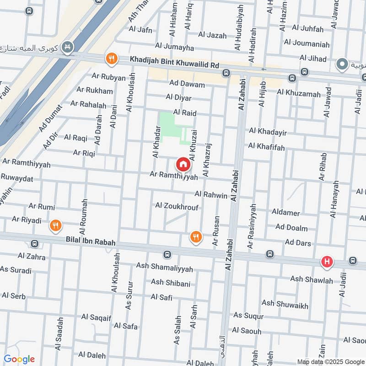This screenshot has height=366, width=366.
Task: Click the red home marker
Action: click(x=183, y=164)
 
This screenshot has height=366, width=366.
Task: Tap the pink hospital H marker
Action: click(x=327, y=262)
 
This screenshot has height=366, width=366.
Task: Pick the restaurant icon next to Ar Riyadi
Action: click(x=55, y=225)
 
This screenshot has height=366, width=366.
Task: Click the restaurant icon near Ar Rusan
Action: click(x=196, y=237)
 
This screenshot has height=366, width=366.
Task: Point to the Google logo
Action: click(x=19, y=359)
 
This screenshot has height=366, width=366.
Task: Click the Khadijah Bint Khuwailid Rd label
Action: click(x=174, y=60)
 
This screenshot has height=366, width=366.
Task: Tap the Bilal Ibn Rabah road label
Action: click(x=90, y=242)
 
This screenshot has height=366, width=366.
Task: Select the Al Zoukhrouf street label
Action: click(x=177, y=206)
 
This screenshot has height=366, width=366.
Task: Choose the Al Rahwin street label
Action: click(x=211, y=195)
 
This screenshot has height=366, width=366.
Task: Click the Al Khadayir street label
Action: click(x=268, y=132)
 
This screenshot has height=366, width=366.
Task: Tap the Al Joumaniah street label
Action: click(x=307, y=44)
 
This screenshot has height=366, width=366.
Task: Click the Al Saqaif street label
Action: click(x=96, y=317)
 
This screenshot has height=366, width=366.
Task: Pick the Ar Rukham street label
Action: click(x=95, y=91)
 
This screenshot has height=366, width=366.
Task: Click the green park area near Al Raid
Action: click(x=167, y=123)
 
